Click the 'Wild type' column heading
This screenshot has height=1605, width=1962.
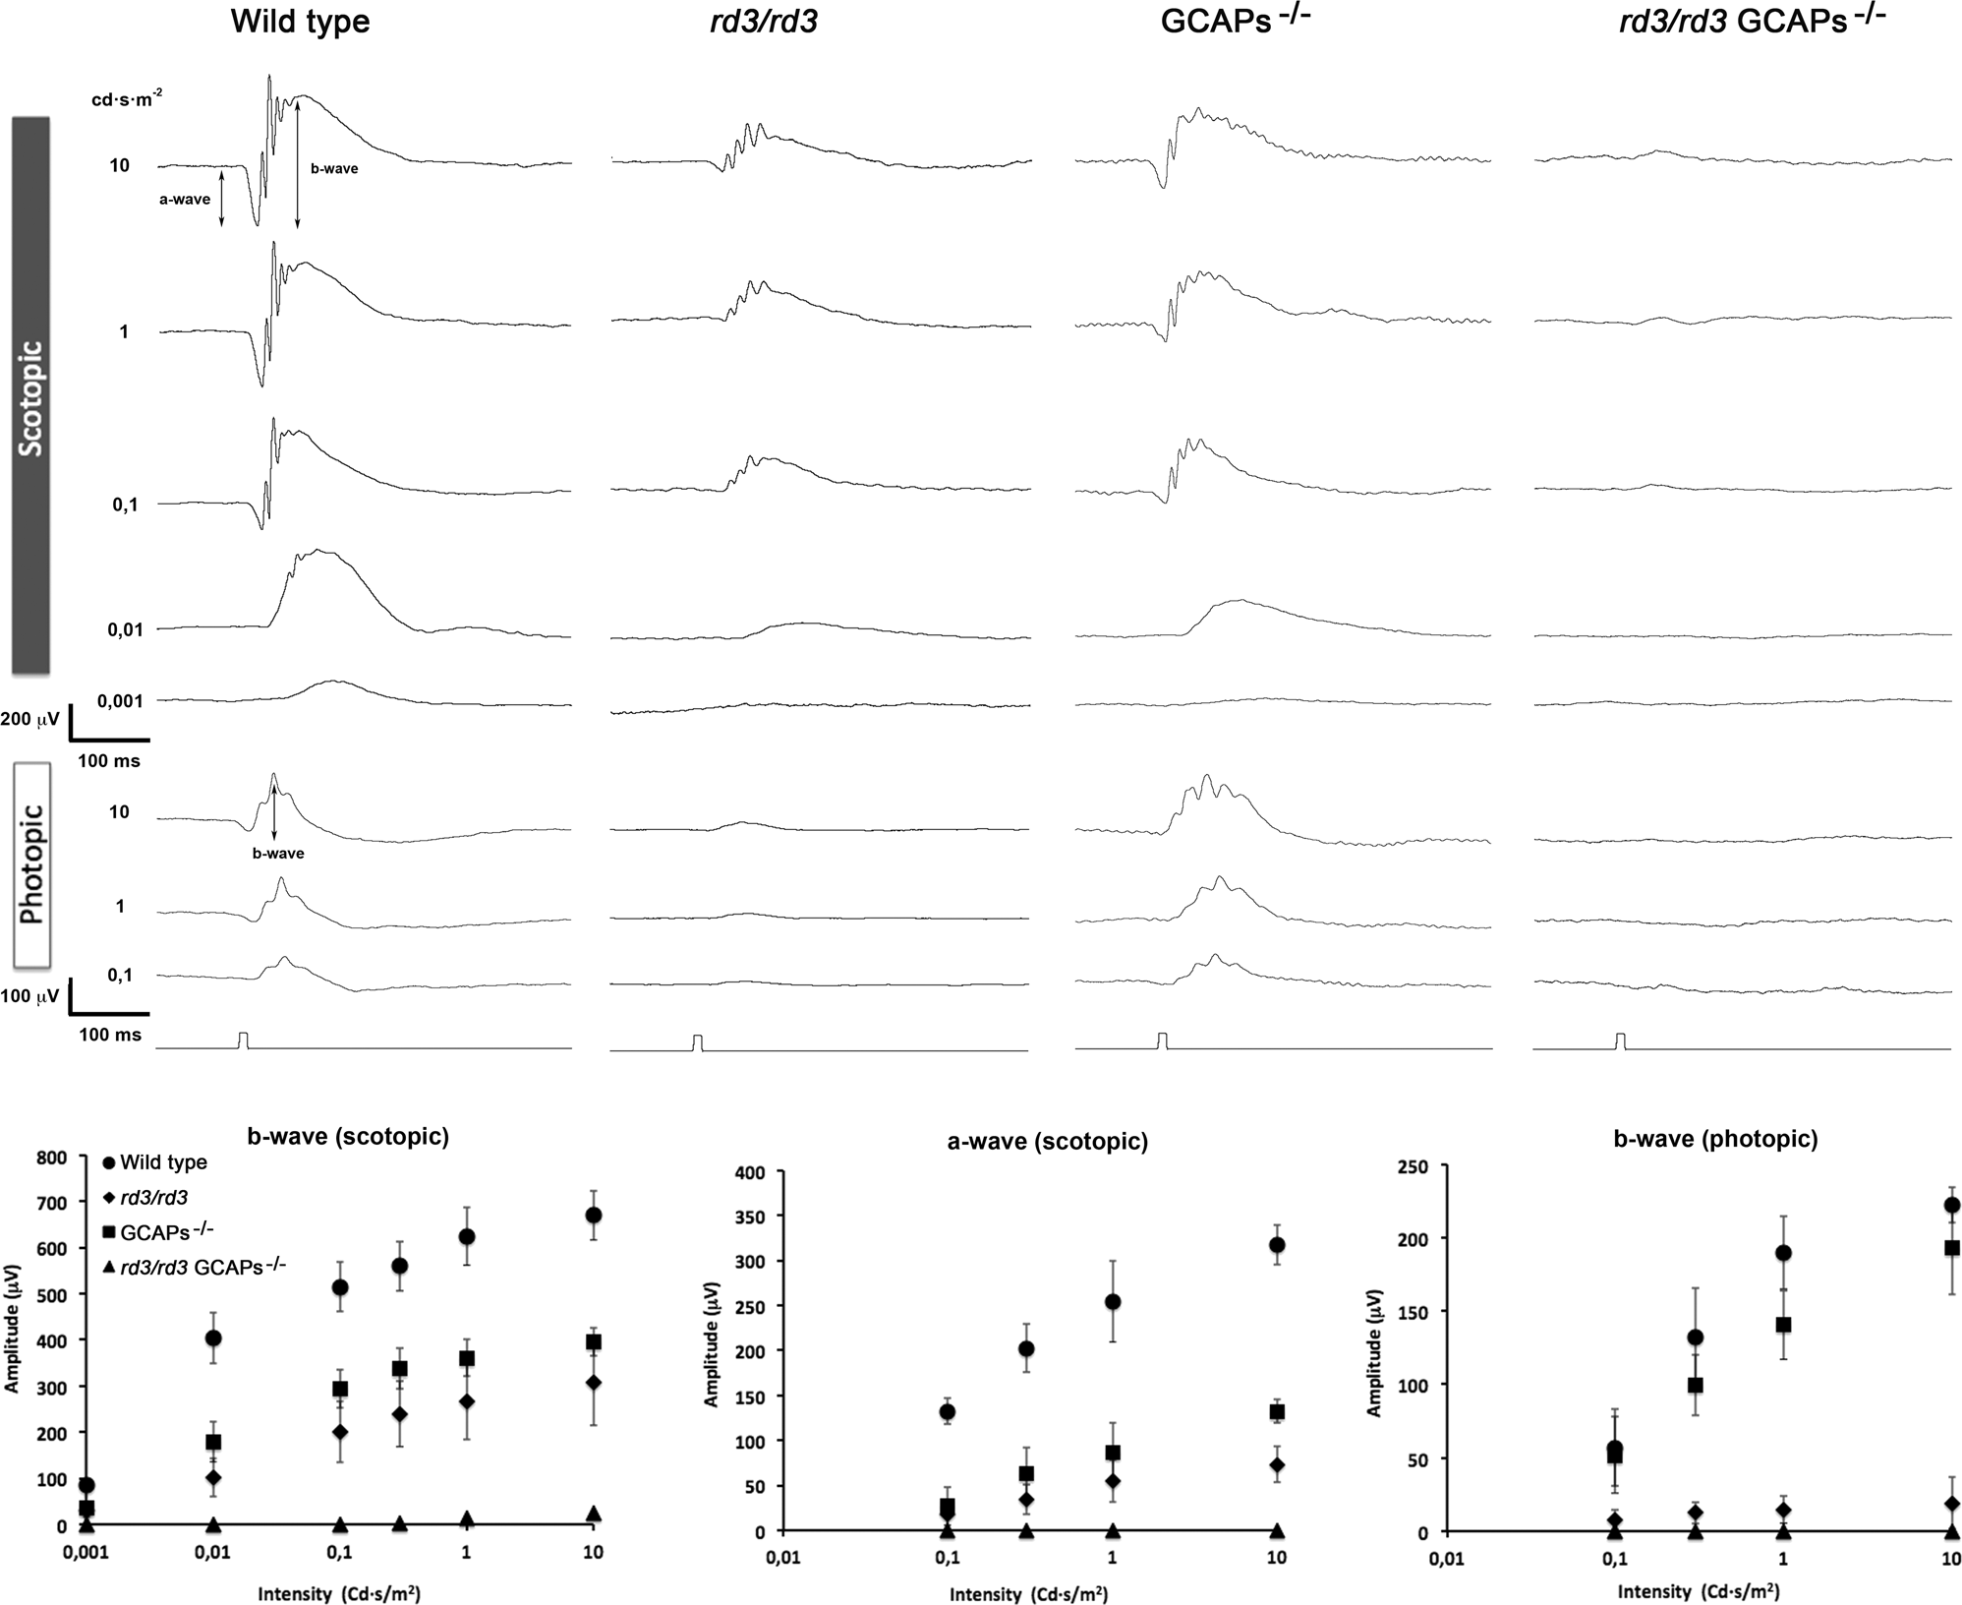[x=300, y=22]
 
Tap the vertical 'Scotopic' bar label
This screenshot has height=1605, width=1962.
[x=31, y=396]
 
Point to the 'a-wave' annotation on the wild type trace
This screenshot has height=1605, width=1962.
[x=185, y=200]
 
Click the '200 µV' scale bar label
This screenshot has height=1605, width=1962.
[x=29, y=720]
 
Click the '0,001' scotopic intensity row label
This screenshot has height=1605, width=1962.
[x=120, y=701]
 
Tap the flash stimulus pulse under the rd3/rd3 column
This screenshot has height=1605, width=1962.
[x=697, y=1041]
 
